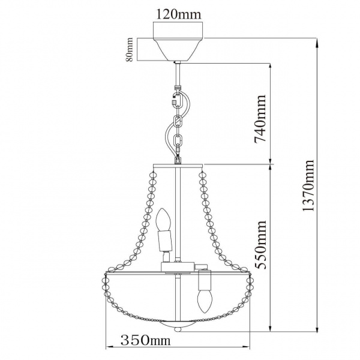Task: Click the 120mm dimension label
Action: (179, 12)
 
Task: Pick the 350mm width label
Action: (145, 341)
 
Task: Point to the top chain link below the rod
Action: (177, 98)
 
